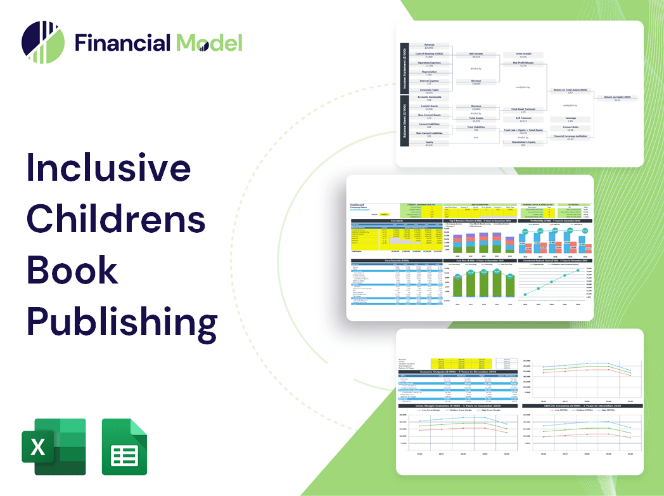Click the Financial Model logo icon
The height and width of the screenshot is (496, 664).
click(x=42, y=42)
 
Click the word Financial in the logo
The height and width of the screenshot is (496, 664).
click(x=122, y=42)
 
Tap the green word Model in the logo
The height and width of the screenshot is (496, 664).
click(x=210, y=42)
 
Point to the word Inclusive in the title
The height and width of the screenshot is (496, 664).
click(x=108, y=167)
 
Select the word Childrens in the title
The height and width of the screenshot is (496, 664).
click(x=116, y=219)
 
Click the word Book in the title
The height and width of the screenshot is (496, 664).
click(x=72, y=270)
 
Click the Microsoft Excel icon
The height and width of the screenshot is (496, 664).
click(x=53, y=447)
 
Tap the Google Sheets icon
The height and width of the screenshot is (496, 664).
click(x=124, y=447)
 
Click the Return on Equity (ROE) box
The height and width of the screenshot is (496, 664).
click(x=616, y=98)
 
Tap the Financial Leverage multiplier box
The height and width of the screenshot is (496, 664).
click(x=570, y=137)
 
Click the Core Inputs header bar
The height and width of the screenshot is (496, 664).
click(x=397, y=221)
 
